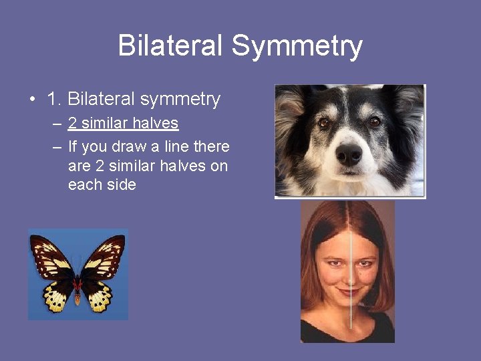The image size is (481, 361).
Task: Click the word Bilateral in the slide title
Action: click(170, 45)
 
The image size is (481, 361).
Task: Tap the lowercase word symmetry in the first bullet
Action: click(181, 100)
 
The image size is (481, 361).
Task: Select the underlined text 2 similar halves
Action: click(123, 124)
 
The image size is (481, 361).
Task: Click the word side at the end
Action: click(121, 185)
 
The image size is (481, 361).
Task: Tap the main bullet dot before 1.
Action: click(32, 100)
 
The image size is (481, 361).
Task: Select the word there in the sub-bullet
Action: click(211, 146)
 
